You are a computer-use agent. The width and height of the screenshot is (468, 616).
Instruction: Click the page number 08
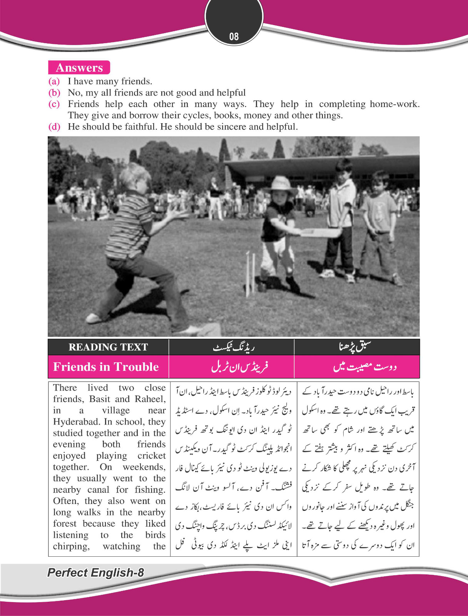tap(234, 37)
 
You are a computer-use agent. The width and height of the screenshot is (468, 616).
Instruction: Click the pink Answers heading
tap(79, 68)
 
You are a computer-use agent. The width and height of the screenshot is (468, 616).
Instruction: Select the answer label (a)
tap(54, 81)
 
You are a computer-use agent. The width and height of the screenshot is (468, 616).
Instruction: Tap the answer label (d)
tap(54, 127)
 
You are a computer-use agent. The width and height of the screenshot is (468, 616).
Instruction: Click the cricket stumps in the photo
tap(251, 273)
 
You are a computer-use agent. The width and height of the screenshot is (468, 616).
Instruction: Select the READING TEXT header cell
tap(108, 347)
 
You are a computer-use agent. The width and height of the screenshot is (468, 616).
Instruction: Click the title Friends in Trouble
tap(106, 367)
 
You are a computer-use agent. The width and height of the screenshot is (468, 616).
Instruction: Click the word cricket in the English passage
tap(152, 455)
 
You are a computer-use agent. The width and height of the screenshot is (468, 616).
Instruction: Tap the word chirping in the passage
tap(71, 546)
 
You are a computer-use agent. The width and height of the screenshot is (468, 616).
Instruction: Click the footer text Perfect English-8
tap(95, 572)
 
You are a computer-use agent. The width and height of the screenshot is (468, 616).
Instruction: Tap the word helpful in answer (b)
tap(231, 93)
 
